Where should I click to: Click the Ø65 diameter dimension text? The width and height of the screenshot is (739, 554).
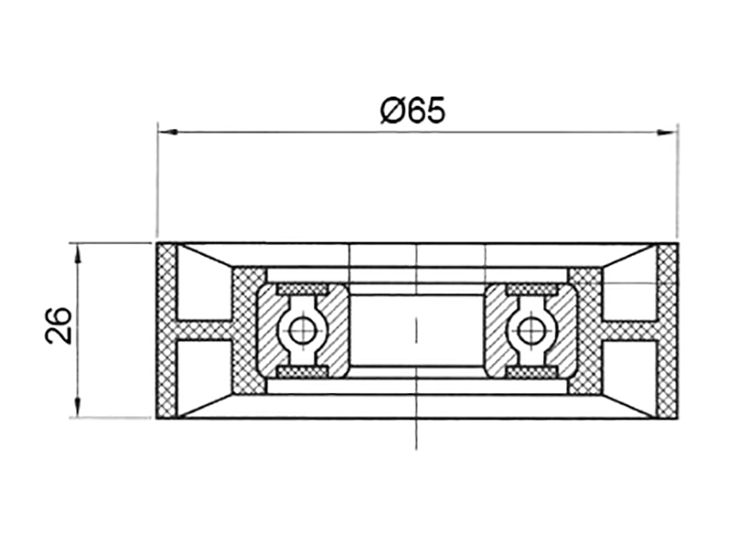pos(413,111)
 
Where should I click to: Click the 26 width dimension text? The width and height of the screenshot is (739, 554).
pos(58,325)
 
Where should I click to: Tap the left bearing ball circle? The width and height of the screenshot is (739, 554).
pos(301,331)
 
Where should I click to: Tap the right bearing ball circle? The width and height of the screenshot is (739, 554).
pos(529,331)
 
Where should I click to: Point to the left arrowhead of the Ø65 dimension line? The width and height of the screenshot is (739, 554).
pos(167,132)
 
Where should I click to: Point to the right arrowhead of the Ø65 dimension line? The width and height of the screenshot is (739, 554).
pos(667,132)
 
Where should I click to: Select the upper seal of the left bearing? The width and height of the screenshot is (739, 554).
pos(302,289)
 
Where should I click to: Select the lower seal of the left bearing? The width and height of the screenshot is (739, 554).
pos(302,372)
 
